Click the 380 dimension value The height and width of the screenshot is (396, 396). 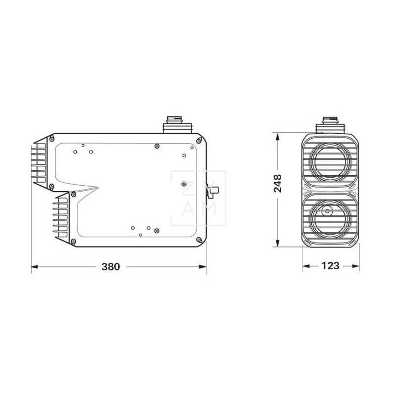pyautogui.click(x=111, y=266)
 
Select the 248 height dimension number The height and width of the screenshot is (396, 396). pyautogui.click(x=277, y=183)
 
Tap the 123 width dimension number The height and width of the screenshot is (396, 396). pyautogui.click(x=330, y=266)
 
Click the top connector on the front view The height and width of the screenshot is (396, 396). pyautogui.click(x=330, y=123)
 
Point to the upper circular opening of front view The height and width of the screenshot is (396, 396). pyautogui.click(x=330, y=161)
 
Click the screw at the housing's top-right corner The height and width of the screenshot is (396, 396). pyautogui.click(x=199, y=141)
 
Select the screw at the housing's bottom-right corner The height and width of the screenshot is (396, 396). pyautogui.click(x=199, y=241)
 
